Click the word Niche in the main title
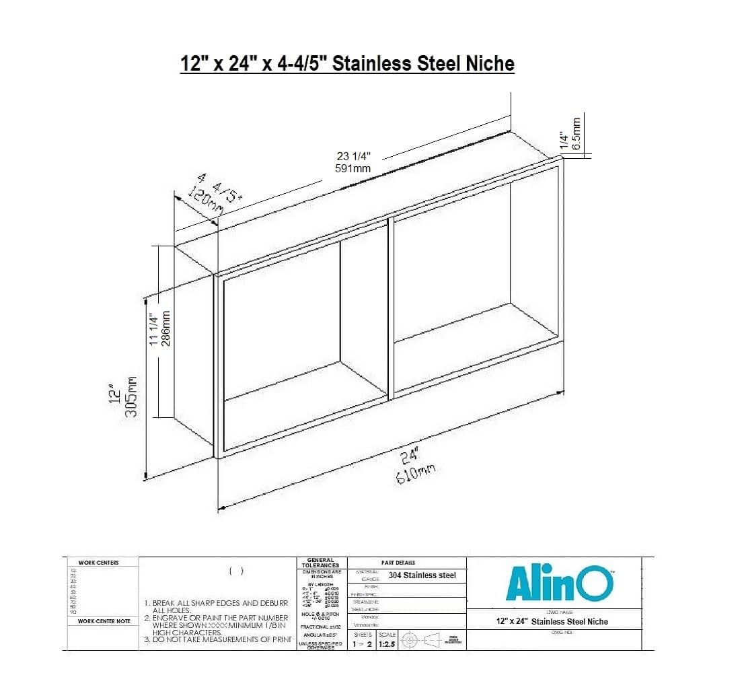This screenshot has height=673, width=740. pos(490,64)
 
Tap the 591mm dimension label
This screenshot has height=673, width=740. pos(353,168)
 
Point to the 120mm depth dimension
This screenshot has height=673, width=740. pos(206,201)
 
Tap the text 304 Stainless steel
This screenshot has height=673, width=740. pos(422,575)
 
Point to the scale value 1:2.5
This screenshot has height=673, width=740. pos(387,645)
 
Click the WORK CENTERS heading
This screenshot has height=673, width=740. pos(98,563)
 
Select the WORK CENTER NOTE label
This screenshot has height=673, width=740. pos(104,621)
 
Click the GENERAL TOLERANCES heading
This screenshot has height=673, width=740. pos(320,563)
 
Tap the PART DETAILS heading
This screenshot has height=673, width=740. pos(398,563)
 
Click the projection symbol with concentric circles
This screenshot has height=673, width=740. pos(409,640)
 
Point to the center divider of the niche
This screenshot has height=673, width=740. pos(390,306)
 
